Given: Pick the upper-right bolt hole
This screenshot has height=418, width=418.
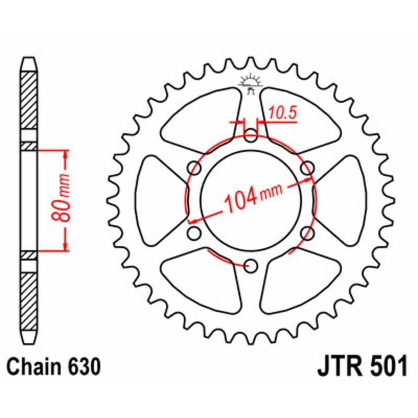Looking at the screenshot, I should (x=308, y=168).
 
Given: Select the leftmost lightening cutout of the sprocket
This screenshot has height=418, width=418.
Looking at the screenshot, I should (x=159, y=200).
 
